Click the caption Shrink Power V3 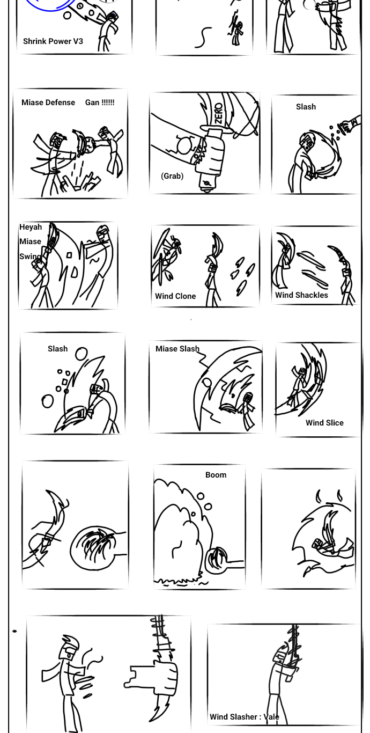(x=53, y=41)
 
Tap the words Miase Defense (x=48, y=102)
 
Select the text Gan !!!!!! (x=100, y=102)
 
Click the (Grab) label (x=172, y=176)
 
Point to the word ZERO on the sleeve (x=219, y=114)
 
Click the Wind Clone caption (x=175, y=296)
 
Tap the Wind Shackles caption (x=301, y=295)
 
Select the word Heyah (x=31, y=227)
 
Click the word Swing (x=30, y=256)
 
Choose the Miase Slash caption (x=177, y=349)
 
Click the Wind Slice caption (x=324, y=423)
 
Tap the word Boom (x=216, y=475)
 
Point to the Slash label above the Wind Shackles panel (x=306, y=107)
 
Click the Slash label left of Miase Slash (x=57, y=349)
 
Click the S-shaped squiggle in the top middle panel (x=203, y=38)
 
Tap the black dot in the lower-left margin (x=14, y=631)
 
